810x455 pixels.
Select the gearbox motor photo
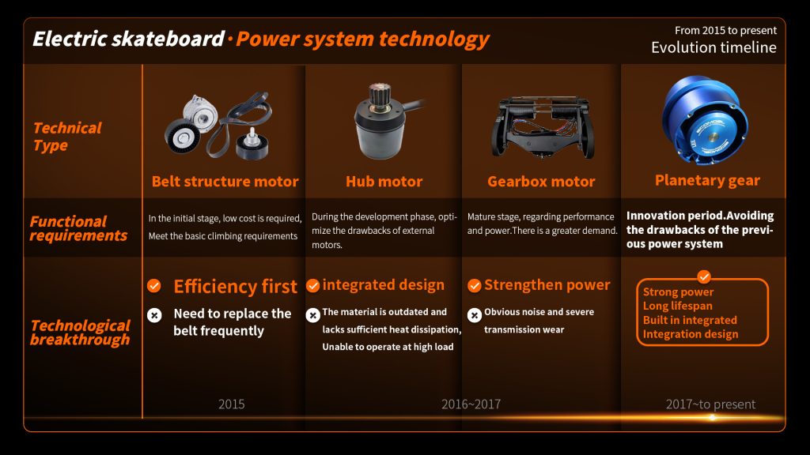click(x=541, y=126)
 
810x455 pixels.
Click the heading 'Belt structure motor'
click(x=225, y=182)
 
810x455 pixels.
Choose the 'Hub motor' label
click(x=384, y=182)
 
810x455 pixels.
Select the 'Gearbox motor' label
click(x=541, y=182)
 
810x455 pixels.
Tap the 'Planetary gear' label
click(x=707, y=181)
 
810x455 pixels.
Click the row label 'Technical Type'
click(x=66, y=137)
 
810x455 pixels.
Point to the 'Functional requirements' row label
click(x=78, y=228)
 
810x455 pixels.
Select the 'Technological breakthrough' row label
click(x=79, y=333)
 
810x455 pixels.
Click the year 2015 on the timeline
click(x=231, y=404)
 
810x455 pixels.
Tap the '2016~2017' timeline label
click(x=471, y=404)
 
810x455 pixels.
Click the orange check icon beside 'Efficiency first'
click(x=154, y=286)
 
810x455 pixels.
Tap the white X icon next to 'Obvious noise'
click(x=475, y=315)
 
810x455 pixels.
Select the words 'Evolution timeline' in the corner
click(x=713, y=47)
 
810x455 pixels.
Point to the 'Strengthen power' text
click(x=547, y=285)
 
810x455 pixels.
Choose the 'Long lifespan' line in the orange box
click(x=677, y=306)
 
